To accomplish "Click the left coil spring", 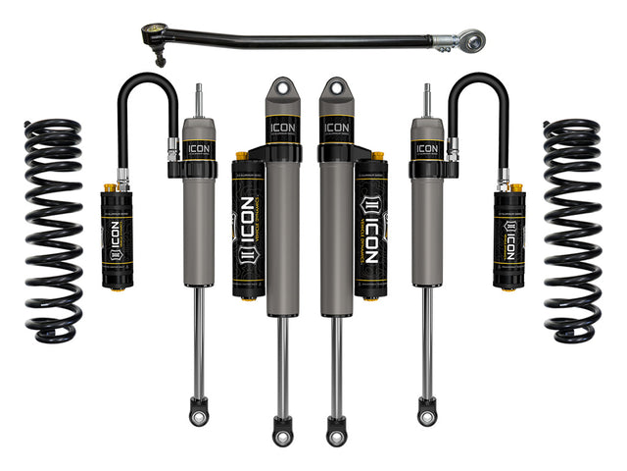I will (x=54, y=231).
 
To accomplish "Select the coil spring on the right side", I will (x=572, y=231).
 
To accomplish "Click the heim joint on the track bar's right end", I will (x=472, y=39).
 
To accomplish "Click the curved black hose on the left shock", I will (x=147, y=98).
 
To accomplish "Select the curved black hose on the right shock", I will (x=479, y=98).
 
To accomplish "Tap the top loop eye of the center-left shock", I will (x=282, y=90).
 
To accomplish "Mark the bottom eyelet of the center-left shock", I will (x=283, y=429).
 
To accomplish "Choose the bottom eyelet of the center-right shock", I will (x=336, y=429).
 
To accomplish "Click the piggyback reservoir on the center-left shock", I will (x=249, y=226).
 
